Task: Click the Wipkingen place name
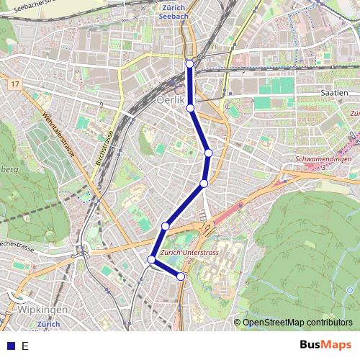point(42,310)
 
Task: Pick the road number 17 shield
point(14,85)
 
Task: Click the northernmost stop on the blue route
point(190,64)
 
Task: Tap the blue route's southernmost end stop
point(181,276)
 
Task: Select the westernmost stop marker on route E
point(152,259)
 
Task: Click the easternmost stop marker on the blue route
point(209,153)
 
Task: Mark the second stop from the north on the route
point(191,108)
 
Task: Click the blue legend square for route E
point(9,346)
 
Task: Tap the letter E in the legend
point(24,346)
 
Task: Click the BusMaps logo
point(327,345)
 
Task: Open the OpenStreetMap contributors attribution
point(297,323)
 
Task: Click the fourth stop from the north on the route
point(204,184)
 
